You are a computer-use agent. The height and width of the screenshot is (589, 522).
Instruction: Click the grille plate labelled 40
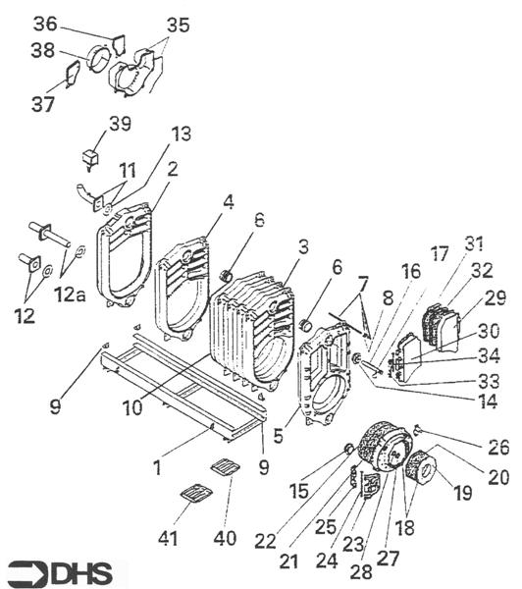[x=225, y=467]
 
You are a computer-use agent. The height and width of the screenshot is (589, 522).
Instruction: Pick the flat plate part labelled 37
[x=73, y=74]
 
